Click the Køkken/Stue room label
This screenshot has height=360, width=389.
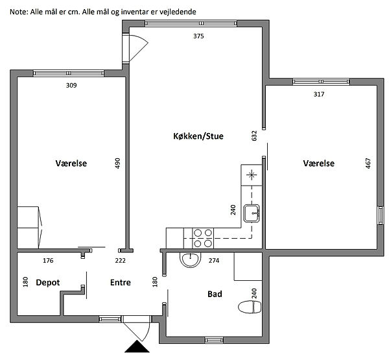coord(198,136)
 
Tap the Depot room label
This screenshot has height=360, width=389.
coord(48,283)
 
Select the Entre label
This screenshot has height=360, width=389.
coord(121,283)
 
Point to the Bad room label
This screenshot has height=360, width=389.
coord(215,294)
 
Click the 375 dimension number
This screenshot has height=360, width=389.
coord(198,36)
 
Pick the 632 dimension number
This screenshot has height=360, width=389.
coord(254,136)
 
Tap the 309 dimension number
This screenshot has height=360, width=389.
coord(71,86)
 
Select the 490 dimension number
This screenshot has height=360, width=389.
coord(117,163)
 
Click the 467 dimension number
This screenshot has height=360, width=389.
coord(368,163)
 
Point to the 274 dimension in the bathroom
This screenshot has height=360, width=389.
coord(214,261)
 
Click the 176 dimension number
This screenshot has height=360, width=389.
coord(48,261)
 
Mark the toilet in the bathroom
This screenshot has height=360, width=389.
coord(250,307)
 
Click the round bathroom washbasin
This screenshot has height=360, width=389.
coord(190,259)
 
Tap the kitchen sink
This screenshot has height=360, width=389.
coord(252,213)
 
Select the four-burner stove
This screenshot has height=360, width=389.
coord(203,238)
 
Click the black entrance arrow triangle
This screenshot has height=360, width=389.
coord(137,347)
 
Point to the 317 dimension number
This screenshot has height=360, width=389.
coord(319,94)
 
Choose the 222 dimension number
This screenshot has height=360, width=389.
coord(121,261)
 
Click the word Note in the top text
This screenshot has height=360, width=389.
coord(19,12)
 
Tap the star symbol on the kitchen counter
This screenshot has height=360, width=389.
coord(252,174)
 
